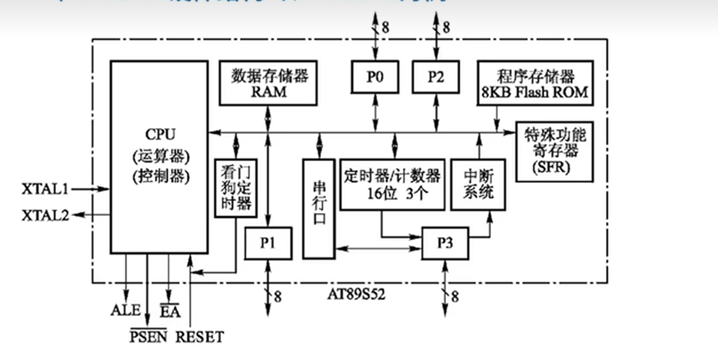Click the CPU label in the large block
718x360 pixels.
point(159,135)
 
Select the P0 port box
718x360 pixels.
point(375,77)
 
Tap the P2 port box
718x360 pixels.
point(436,77)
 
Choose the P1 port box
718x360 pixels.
point(268,243)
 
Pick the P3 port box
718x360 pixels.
point(445,243)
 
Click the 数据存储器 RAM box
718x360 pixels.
point(269,83)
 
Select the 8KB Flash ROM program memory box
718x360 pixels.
point(535,83)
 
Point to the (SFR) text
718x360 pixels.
point(554,167)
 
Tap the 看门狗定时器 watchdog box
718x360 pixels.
point(235,187)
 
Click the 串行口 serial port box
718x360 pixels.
point(320,209)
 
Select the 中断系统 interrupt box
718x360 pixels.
point(478,184)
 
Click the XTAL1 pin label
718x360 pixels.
point(45,189)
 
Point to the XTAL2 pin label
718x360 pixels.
point(45,215)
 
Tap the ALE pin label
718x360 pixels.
point(125,310)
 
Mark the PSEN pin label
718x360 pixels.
point(147,337)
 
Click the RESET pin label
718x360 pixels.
point(200,337)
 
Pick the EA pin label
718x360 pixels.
point(170,311)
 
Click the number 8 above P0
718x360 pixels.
point(385,28)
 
